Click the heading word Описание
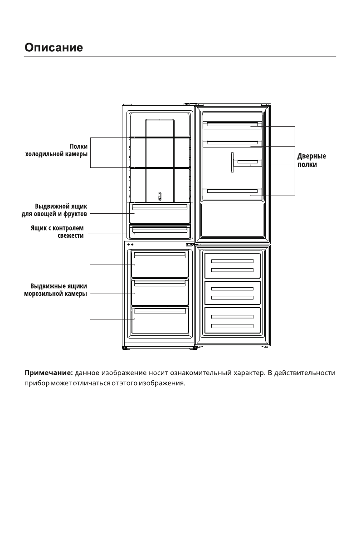pyautogui.click(x=54, y=47)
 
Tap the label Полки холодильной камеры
pyautogui.click(x=56, y=150)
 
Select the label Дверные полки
pyautogui.click(x=311, y=161)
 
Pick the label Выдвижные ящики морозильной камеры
pyautogui.click(x=55, y=290)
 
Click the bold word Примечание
pyautogui.click(x=48, y=373)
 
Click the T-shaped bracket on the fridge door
pyautogui.click(x=233, y=162)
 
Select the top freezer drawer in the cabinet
pyautogui.click(x=160, y=265)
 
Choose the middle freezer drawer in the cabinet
pyautogui.click(x=160, y=293)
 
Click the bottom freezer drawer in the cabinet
pyautogui.click(x=160, y=320)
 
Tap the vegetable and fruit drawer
pyautogui.click(x=160, y=213)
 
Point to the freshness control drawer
pyautogui.click(x=160, y=231)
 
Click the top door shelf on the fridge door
pyautogui.click(x=232, y=125)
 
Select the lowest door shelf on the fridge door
pyautogui.click(x=232, y=191)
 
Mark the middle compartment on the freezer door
pyautogui.click(x=232, y=293)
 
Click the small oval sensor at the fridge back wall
pyautogui.click(x=160, y=196)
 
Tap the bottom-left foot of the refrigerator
pyautogui.click(x=125, y=348)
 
